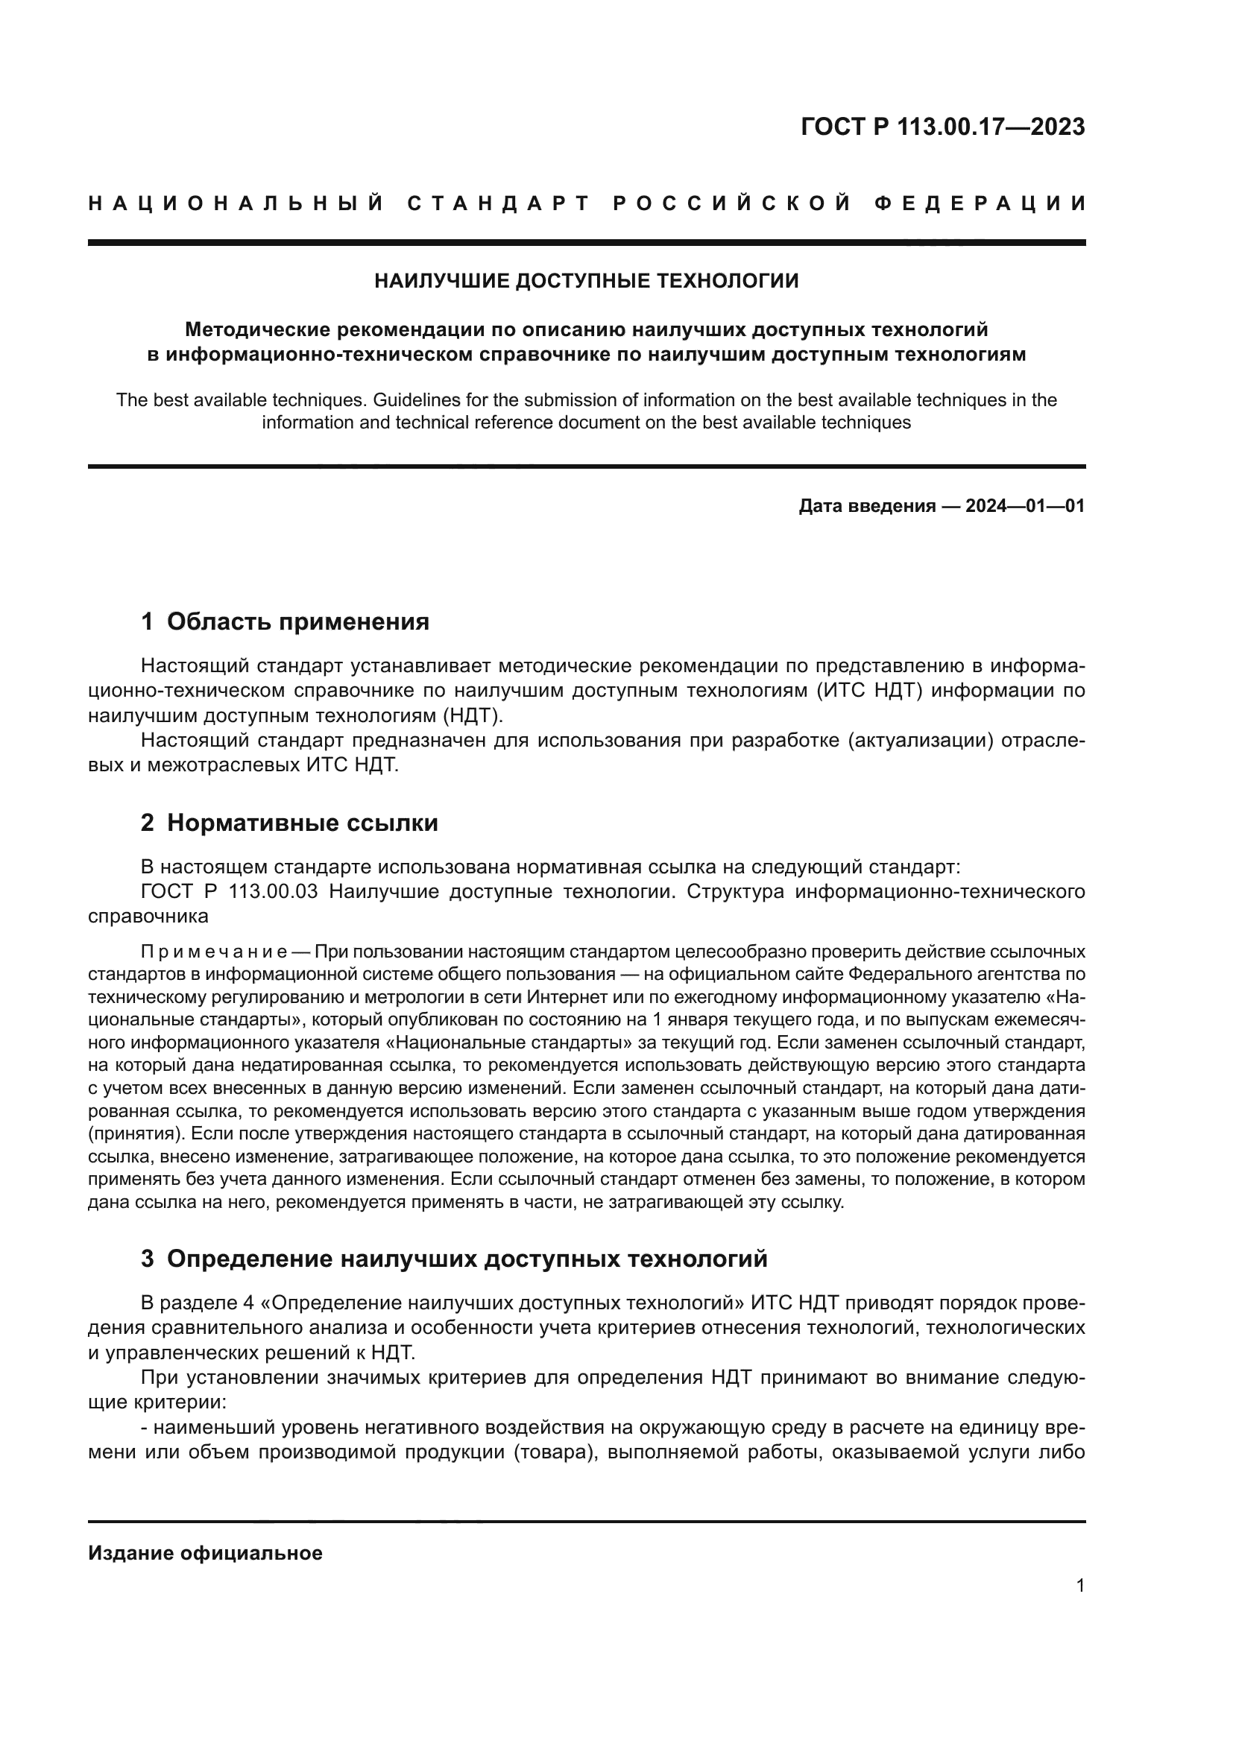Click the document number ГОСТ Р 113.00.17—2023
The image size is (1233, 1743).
click(942, 127)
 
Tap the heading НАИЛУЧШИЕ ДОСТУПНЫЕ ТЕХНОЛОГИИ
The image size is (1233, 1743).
click(586, 281)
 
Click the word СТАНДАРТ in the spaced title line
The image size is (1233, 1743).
click(498, 203)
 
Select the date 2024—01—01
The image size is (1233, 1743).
click(1025, 506)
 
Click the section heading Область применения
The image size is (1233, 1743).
click(297, 621)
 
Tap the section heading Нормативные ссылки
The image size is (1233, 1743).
click(302, 823)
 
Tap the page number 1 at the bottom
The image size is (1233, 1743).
click(1080, 1586)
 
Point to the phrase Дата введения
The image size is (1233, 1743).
click(866, 506)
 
